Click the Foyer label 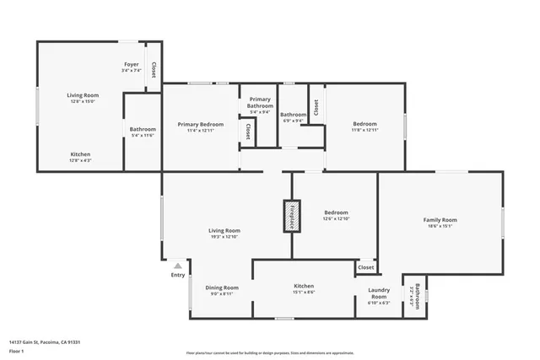pos(131,64)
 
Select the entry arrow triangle pos(177,265)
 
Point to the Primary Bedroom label pos(199,124)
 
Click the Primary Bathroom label pos(260,102)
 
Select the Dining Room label pos(222,287)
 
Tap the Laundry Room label pos(379,293)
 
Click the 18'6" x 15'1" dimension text pos(440,226)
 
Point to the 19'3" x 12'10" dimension pos(224,237)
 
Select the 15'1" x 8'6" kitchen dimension pos(303,293)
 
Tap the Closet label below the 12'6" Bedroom pos(365,267)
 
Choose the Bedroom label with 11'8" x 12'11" pos(365,124)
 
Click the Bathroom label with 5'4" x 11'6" pos(143,129)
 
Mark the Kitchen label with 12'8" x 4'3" pos(80,154)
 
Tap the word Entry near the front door pos(178,275)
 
